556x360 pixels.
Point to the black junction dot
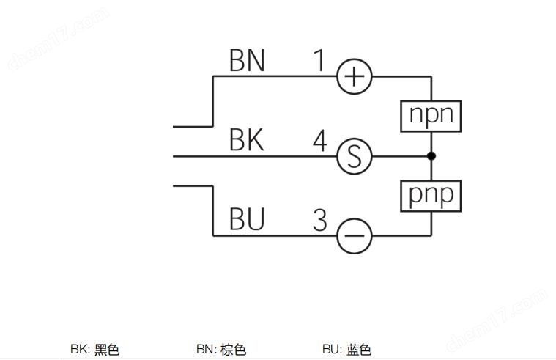(x=431, y=156)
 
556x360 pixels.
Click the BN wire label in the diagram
(x=247, y=60)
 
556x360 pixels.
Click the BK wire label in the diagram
(x=247, y=140)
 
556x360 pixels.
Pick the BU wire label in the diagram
(x=247, y=219)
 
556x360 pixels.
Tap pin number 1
(x=319, y=60)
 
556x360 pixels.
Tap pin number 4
(x=320, y=141)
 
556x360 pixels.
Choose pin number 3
(x=320, y=220)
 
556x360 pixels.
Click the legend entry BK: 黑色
(x=95, y=349)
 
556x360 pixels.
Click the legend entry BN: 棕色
(x=221, y=349)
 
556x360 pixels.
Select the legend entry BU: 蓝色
(x=347, y=349)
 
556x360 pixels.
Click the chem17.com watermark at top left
(x=59, y=38)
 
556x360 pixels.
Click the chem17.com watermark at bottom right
(x=497, y=320)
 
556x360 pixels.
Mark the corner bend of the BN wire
(x=212, y=76)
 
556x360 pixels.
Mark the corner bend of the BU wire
(x=212, y=235)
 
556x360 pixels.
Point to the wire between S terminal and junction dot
(x=400, y=156)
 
